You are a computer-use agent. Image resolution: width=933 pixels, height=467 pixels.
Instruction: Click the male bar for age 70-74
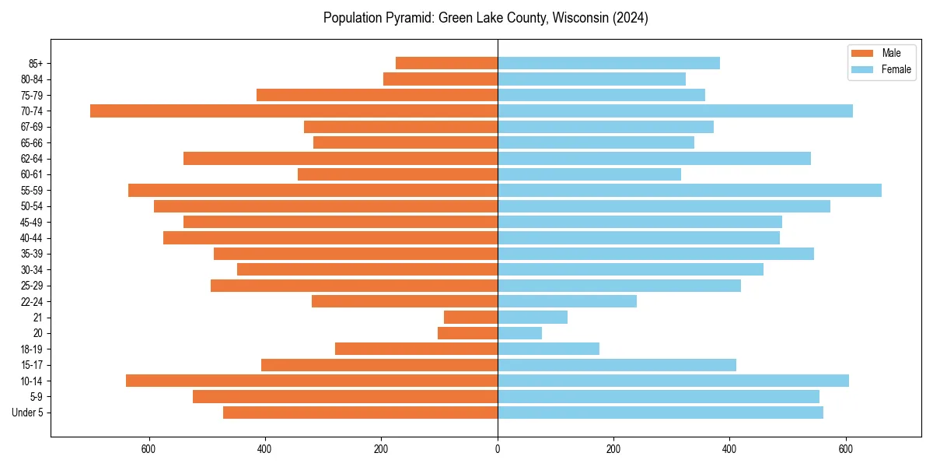[x=294, y=111]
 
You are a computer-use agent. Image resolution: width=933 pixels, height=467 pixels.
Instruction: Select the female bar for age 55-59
[x=690, y=190]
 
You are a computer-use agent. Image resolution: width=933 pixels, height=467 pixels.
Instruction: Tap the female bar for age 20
[x=519, y=333]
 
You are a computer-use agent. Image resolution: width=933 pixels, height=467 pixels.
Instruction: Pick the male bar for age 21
[x=470, y=317]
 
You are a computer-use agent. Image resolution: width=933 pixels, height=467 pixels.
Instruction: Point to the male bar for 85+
[x=446, y=63]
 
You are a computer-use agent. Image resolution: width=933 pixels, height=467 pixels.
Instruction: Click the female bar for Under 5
[x=660, y=413]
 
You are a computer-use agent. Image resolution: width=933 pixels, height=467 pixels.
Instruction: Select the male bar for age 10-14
[x=312, y=381]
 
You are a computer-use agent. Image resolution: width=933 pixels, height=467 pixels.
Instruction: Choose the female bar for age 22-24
[x=567, y=301]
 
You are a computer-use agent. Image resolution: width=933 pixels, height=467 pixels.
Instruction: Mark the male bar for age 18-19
[x=416, y=349]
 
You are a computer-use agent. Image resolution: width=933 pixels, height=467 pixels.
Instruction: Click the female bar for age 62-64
[x=654, y=158]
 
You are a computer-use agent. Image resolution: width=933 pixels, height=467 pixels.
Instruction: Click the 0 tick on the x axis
[x=498, y=449]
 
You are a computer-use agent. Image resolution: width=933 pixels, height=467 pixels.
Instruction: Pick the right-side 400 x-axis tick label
[x=729, y=449]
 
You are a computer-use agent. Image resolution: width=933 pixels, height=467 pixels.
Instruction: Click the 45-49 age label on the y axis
[x=32, y=222]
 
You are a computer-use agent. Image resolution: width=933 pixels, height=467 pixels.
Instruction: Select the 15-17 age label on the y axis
[x=32, y=365]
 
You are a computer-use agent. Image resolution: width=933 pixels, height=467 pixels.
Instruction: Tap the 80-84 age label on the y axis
[x=32, y=79]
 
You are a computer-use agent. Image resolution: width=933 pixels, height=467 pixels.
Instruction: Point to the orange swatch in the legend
[x=862, y=53]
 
